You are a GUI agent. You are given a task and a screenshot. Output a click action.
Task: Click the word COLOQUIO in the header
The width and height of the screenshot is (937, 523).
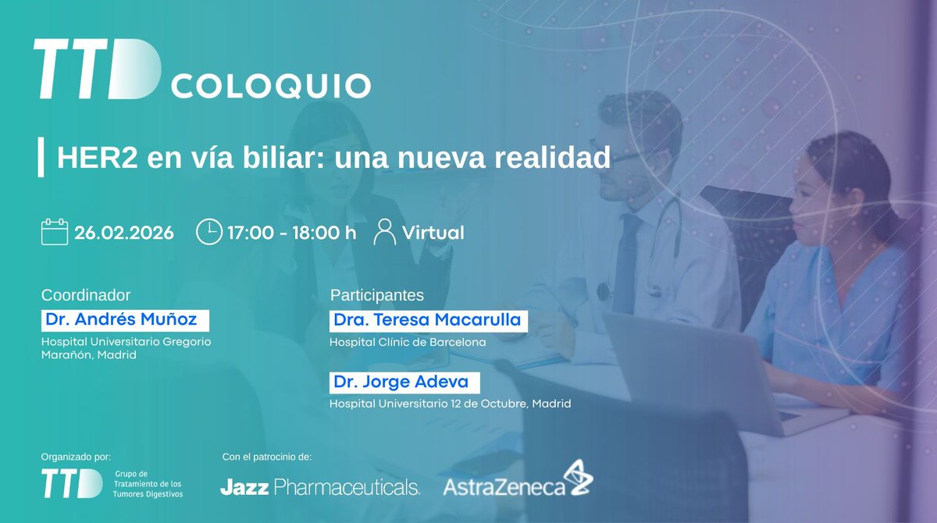(x=270, y=86)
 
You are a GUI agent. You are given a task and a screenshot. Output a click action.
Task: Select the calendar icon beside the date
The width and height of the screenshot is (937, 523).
(x=55, y=232)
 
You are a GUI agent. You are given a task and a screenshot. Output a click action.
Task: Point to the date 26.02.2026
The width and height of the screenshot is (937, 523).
(x=124, y=233)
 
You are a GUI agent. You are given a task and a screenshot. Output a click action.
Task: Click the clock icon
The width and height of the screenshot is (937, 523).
(x=208, y=232)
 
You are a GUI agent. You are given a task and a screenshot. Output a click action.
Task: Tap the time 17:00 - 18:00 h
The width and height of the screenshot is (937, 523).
(x=291, y=233)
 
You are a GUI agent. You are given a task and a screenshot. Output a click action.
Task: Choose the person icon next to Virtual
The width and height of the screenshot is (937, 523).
(x=384, y=232)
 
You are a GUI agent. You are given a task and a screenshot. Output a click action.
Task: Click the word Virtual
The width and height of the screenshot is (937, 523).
(x=433, y=233)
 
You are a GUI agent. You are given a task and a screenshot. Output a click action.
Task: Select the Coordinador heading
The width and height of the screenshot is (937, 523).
(x=86, y=295)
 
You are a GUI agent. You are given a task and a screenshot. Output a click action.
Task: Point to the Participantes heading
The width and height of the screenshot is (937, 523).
(x=377, y=295)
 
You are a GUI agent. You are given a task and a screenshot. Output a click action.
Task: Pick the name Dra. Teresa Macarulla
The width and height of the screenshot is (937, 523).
(x=426, y=320)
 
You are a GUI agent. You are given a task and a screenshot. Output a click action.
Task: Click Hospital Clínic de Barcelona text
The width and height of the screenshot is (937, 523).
(x=408, y=342)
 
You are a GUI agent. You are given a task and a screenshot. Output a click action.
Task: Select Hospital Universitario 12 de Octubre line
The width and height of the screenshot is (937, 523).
(x=450, y=404)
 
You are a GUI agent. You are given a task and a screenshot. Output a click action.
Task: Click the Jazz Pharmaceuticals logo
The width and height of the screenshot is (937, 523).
(x=320, y=488)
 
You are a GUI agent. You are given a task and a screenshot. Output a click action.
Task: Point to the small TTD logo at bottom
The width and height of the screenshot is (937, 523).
(x=72, y=484)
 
